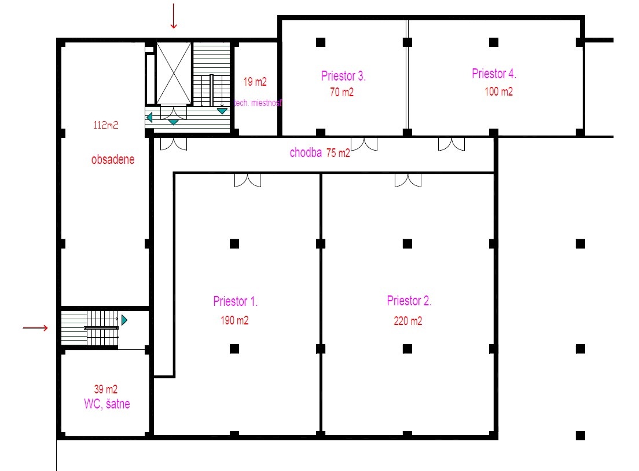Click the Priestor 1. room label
pos(235,301)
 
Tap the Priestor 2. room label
pos(409,301)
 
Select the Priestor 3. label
pos(343,76)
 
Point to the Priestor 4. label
pos(494,74)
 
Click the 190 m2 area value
pos(234,320)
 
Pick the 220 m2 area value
pos(408,320)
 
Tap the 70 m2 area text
pos(341,92)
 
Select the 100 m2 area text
pos(498,91)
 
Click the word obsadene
pos(113,160)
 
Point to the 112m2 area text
pos(105,125)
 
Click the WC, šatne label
pos(106,404)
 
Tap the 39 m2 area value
pos(106,389)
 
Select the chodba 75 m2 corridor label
pos(319,153)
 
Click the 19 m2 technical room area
pos(255,82)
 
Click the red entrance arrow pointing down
pos(173,16)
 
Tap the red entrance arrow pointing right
pos(35,328)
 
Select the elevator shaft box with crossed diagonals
pos(173,73)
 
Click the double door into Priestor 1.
pos(247,180)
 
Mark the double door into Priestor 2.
pos(408,180)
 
